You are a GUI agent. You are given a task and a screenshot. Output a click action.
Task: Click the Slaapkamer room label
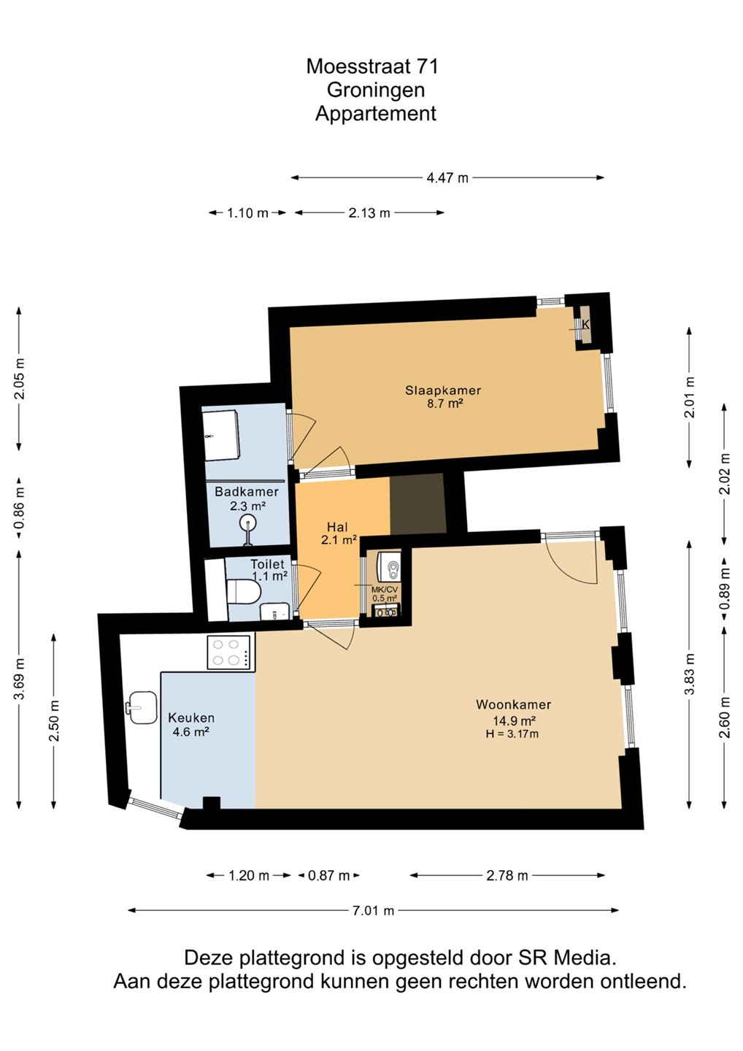(443, 390)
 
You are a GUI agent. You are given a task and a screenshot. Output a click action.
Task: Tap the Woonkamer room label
(513, 704)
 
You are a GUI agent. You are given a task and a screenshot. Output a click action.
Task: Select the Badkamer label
(247, 492)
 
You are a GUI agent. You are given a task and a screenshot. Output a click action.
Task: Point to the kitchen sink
(141, 707)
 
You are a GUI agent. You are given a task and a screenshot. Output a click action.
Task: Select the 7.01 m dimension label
(374, 911)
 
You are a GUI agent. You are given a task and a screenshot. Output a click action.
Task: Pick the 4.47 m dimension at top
(447, 178)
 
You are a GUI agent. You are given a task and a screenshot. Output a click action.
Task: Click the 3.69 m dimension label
(20, 679)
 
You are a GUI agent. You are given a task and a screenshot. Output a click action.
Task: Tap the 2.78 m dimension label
(507, 876)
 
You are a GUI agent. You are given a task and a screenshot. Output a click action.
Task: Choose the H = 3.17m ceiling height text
(512, 734)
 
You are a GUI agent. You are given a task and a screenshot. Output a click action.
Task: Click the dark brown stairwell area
(417, 504)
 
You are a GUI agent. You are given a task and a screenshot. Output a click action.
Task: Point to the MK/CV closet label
(385, 590)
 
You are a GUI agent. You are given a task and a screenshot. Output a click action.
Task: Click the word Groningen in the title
(376, 90)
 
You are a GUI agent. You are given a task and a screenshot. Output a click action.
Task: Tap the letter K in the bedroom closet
(586, 324)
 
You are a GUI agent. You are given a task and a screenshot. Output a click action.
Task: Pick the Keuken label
(191, 718)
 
